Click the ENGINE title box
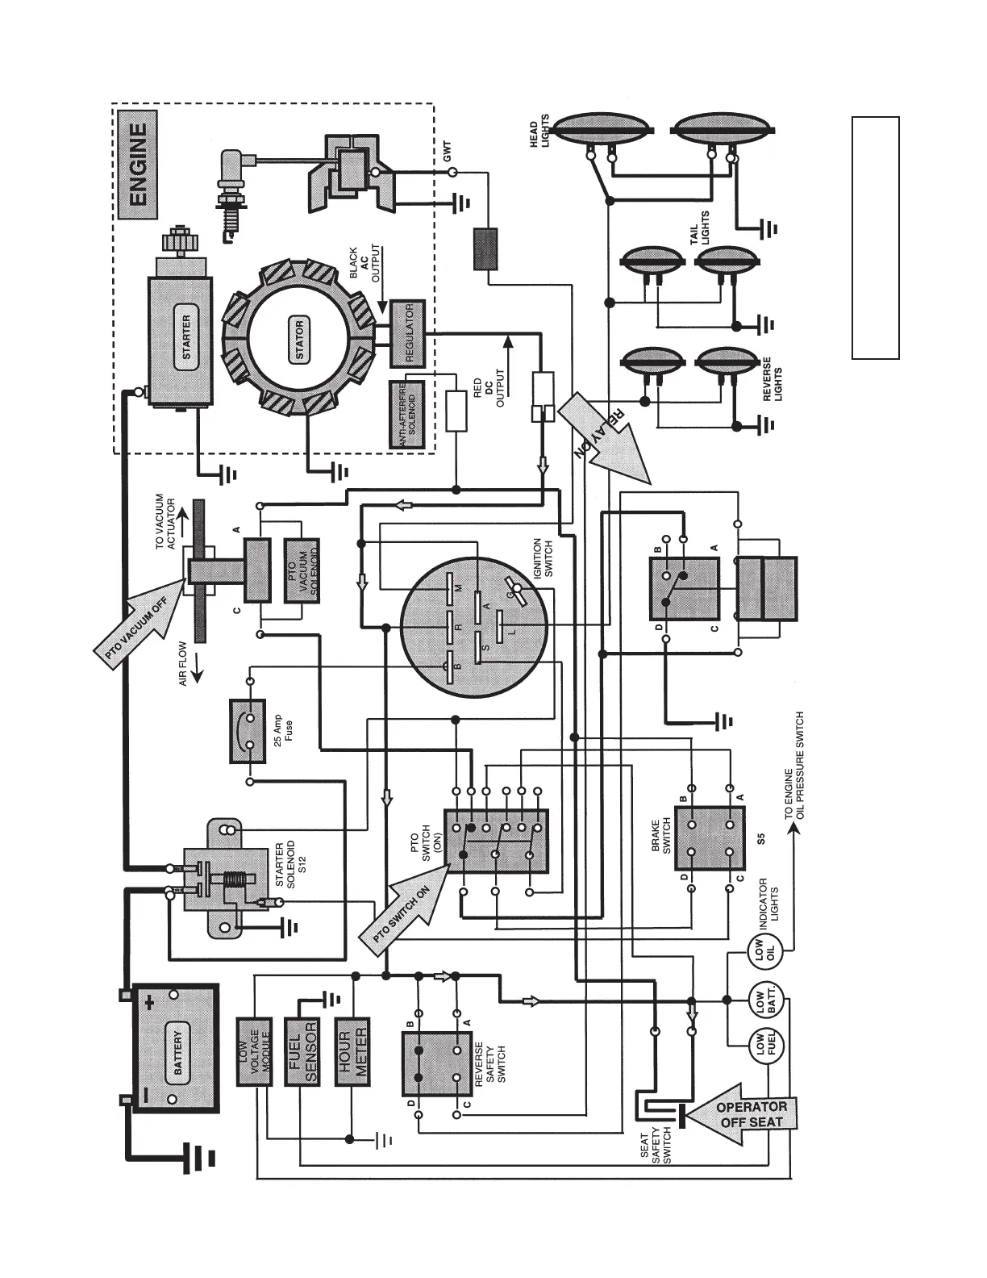[138, 165]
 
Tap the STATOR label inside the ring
[300, 340]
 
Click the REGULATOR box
[406, 334]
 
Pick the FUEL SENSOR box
[302, 1051]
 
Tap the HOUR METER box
[352, 1051]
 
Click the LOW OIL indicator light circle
[759, 953]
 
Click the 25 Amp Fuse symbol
[250, 730]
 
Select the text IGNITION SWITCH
[543, 558]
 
